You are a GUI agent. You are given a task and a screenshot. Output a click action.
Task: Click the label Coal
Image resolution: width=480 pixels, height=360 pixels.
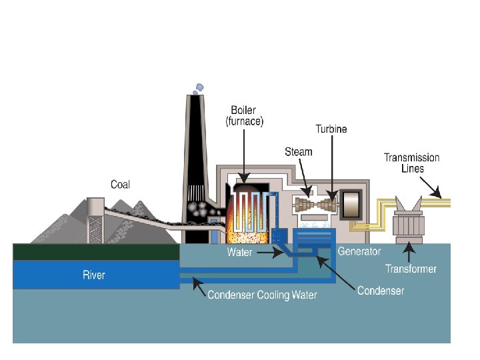coord(120,185)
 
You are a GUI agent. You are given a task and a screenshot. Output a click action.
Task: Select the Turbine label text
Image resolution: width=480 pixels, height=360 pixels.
coord(331,129)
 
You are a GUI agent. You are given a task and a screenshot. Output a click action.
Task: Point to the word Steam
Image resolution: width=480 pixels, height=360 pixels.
coord(298,151)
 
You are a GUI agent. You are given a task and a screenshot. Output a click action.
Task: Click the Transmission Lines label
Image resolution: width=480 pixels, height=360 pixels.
coord(411,163)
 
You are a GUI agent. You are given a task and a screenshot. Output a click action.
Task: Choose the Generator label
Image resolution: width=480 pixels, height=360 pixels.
coord(359,251)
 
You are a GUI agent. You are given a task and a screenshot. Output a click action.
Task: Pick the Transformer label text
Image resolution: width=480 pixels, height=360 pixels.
coord(411,269)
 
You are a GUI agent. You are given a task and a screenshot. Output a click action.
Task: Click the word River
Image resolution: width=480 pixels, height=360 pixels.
coord(94,275)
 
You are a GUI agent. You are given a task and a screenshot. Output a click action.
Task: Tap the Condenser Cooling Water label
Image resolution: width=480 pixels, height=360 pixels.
coord(262,295)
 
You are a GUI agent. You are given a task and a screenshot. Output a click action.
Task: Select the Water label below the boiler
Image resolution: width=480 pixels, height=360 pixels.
coord(239,253)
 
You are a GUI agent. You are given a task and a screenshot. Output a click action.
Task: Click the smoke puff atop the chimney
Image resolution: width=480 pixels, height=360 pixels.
coord(198,87)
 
